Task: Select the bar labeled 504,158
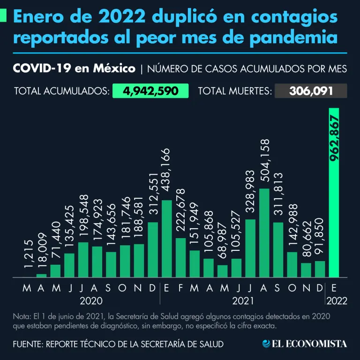coord(264,233)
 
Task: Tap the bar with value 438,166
coord(166,239)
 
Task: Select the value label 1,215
coord(28,256)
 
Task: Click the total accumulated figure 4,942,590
coord(150,91)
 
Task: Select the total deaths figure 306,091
coord(311,91)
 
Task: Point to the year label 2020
coord(91,300)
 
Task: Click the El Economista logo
coord(305,344)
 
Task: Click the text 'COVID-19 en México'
coord(74,69)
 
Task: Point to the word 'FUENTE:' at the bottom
coord(27,344)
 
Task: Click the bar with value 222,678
coord(180,257)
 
